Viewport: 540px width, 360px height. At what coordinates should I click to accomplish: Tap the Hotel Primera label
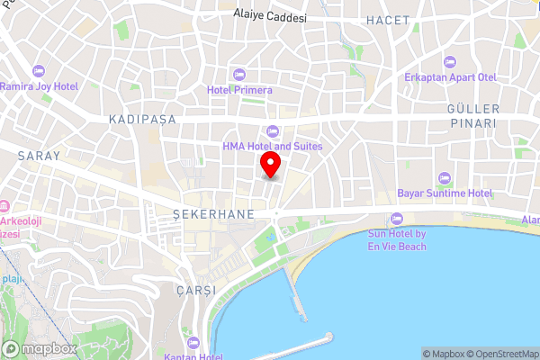(x=238, y=89)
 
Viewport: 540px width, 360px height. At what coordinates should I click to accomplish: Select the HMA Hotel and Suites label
(x=273, y=146)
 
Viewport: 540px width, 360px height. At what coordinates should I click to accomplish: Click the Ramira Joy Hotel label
(x=40, y=86)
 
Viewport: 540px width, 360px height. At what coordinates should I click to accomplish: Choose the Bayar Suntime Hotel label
(x=445, y=193)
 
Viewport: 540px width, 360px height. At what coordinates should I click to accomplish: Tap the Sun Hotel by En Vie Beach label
(x=397, y=239)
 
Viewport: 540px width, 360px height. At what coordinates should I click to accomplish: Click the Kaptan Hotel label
(x=193, y=355)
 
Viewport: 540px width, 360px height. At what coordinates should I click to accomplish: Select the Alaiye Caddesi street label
(x=270, y=15)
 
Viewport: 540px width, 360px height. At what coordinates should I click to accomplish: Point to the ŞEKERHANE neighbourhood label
(x=214, y=215)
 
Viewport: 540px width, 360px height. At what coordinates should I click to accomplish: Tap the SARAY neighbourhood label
(x=39, y=156)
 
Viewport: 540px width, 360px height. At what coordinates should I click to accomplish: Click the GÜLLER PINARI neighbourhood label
(x=472, y=115)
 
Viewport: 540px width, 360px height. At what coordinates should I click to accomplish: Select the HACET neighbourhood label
(x=388, y=19)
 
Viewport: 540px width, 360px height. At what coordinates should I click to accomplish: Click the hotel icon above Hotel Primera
(x=238, y=73)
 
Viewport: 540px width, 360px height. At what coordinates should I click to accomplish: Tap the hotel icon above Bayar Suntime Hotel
(x=444, y=177)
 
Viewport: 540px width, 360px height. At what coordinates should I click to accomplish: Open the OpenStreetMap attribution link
(x=496, y=353)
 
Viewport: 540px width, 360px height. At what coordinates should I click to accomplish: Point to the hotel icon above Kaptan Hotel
(x=193, y=341)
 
